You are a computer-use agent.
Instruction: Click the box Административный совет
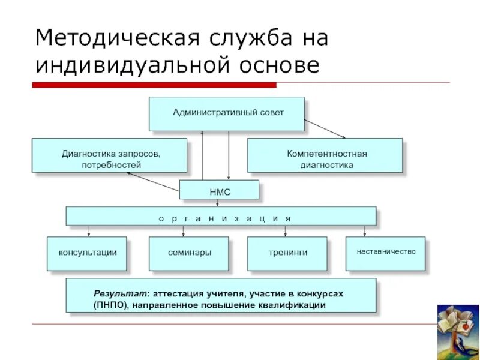[227, 113]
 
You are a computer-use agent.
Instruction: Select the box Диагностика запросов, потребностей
[109, 155]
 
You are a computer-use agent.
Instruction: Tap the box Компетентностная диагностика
[325, 155]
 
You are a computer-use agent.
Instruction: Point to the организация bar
[221, 217]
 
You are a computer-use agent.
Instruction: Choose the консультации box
[87, 253]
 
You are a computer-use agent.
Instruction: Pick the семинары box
[189, 253]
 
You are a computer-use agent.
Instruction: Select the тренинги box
[287, 253]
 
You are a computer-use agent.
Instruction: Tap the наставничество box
[386, 252]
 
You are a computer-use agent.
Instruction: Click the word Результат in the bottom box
[120, 293]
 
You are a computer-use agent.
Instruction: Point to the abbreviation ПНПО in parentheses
[109, 305]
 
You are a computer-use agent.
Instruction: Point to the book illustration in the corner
[457, 331]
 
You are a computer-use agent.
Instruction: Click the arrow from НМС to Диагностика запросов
[153, 182]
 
